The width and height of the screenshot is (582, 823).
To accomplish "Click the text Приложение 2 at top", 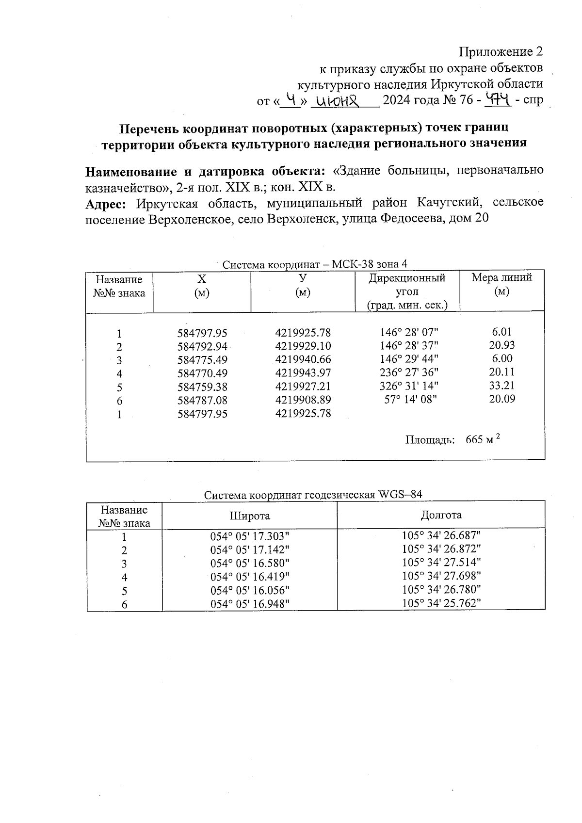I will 501,52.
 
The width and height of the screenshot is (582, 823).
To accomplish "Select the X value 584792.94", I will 202,347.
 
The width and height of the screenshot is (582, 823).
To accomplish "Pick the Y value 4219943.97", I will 303,373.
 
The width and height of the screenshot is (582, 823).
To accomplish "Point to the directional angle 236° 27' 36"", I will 409,372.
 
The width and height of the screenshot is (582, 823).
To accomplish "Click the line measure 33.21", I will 502,386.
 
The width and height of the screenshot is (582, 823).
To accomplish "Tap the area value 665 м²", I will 483,439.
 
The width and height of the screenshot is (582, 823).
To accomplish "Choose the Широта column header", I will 249,516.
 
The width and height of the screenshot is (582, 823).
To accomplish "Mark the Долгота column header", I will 441,515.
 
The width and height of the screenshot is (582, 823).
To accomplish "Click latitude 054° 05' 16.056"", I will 249,590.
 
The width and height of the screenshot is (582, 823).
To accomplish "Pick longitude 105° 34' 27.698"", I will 441,576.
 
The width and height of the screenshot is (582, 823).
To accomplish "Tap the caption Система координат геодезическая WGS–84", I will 313,495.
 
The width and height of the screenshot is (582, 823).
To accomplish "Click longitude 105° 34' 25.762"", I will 441,603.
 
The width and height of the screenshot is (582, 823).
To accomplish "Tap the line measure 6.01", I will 501,332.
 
